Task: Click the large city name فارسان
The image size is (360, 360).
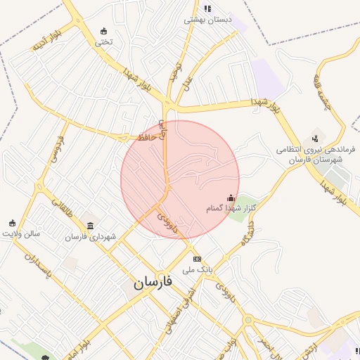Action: (155, 284)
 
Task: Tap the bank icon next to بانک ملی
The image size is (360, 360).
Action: (197, 258)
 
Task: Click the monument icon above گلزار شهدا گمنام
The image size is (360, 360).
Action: (231, 198)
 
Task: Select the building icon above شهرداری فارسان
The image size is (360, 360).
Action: (90, 226)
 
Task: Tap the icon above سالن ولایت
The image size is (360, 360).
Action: (12, 223)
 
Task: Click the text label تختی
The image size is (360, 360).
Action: (104, 41)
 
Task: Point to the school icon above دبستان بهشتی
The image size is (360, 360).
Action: (207, 8)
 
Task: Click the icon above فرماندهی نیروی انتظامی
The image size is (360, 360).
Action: (315, 138)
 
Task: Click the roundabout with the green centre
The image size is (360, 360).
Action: (247, 321)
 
